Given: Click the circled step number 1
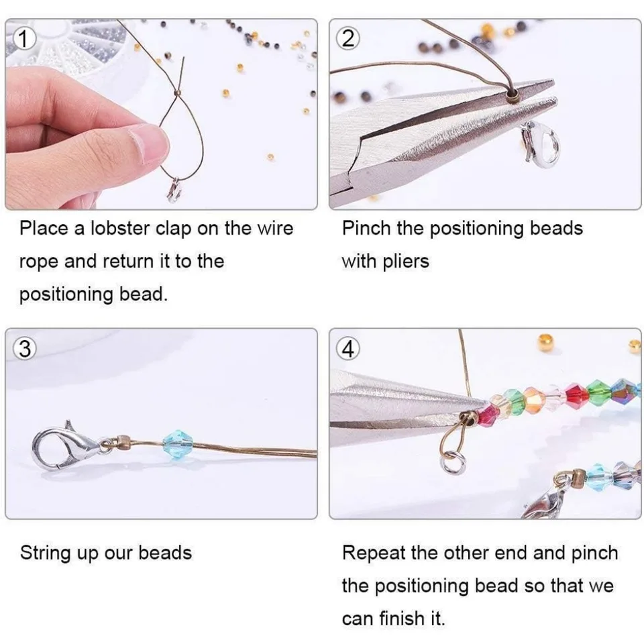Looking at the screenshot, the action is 23,39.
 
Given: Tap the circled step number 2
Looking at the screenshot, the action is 347,39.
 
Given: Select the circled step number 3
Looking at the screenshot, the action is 24,349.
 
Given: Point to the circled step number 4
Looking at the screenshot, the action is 347,349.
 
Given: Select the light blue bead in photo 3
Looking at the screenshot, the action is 177,444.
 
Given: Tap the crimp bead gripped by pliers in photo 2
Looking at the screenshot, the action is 513,96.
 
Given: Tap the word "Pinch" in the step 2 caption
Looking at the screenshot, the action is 366,228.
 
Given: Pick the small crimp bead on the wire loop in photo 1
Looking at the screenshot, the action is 177,93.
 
